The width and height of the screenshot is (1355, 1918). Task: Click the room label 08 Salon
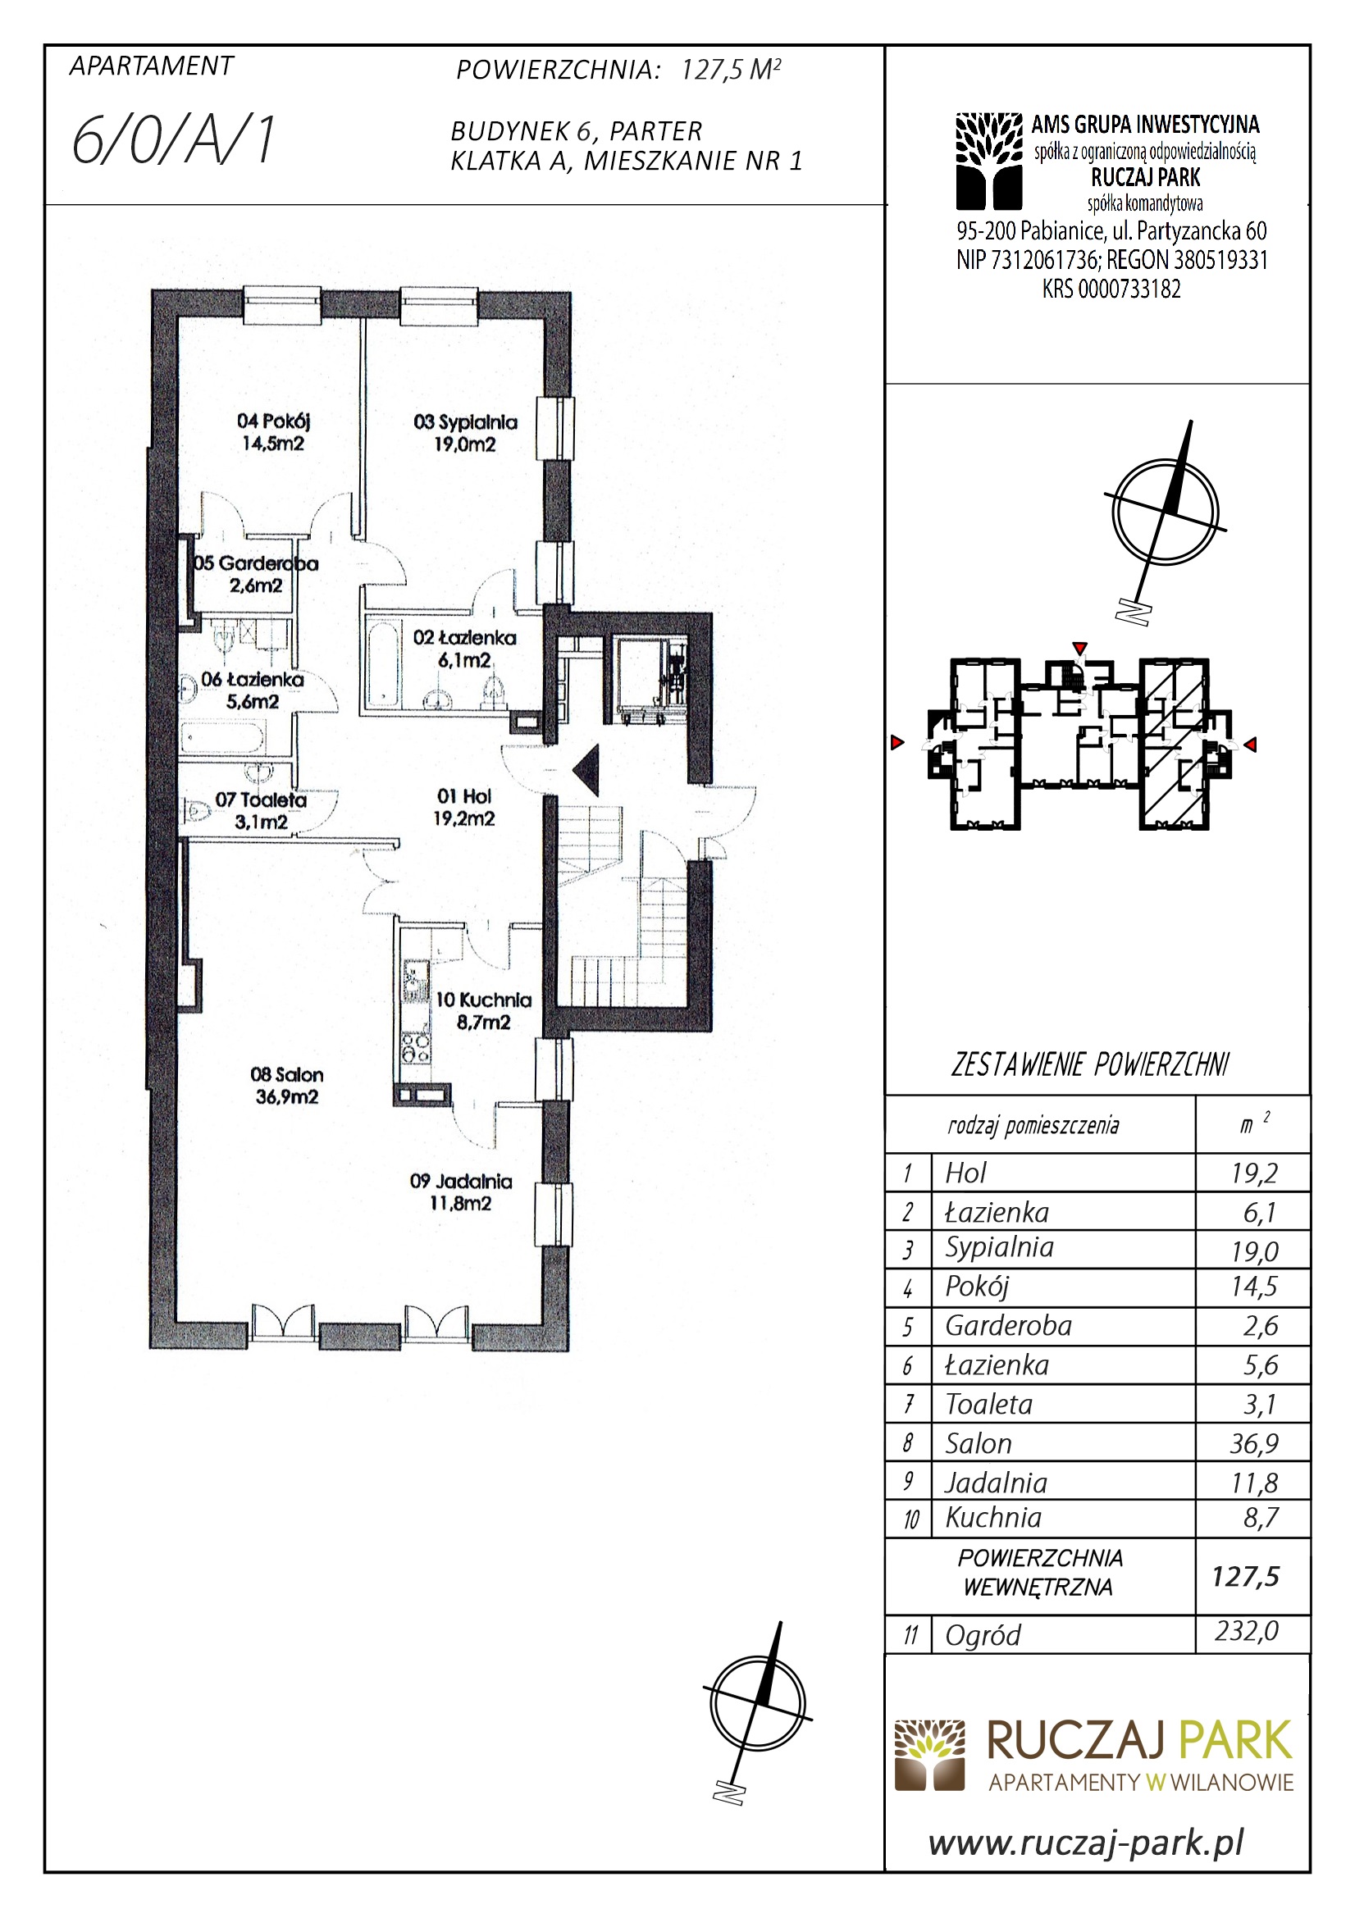click(286, 1085)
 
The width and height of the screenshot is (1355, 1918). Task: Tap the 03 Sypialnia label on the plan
click(465, 433)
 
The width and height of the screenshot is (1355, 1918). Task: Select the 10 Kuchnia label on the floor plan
click(484, 1010)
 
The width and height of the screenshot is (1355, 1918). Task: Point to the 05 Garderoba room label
click(256, 574)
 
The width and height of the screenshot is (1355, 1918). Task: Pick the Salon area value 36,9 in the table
click(1254, 1442)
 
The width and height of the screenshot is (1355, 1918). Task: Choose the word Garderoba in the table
click(1008, 1325)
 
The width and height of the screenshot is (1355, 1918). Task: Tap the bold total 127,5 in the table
click(1246, 1576)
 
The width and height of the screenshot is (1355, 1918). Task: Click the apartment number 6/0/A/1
click(174, 140)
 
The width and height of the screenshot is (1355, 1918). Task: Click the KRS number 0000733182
click(1129, 289)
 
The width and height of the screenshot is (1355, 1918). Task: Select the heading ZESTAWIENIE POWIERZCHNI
click(1090, 1065)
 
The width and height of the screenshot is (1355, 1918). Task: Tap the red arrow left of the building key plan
click(897, 743)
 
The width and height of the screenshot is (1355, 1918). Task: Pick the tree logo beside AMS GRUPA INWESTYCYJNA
click(989, 161)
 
